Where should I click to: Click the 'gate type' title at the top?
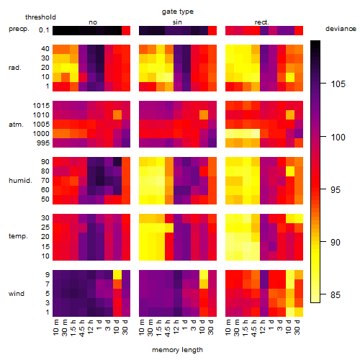178,12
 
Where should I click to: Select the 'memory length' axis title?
177,350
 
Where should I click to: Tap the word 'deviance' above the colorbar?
341,29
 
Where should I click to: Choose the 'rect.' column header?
262,22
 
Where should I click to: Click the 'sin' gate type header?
177,22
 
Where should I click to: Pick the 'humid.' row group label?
20,181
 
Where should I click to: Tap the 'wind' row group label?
17,294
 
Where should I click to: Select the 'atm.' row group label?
16,125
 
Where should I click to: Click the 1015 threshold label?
41,106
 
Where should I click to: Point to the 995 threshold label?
43,143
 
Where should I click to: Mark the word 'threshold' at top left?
40,17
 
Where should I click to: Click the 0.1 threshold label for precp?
44,30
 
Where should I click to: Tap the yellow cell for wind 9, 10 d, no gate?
117,275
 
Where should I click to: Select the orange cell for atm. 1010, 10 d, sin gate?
204,115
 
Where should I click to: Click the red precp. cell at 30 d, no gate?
126,31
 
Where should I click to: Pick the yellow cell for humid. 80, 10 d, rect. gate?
290,171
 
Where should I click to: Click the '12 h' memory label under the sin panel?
176,327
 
